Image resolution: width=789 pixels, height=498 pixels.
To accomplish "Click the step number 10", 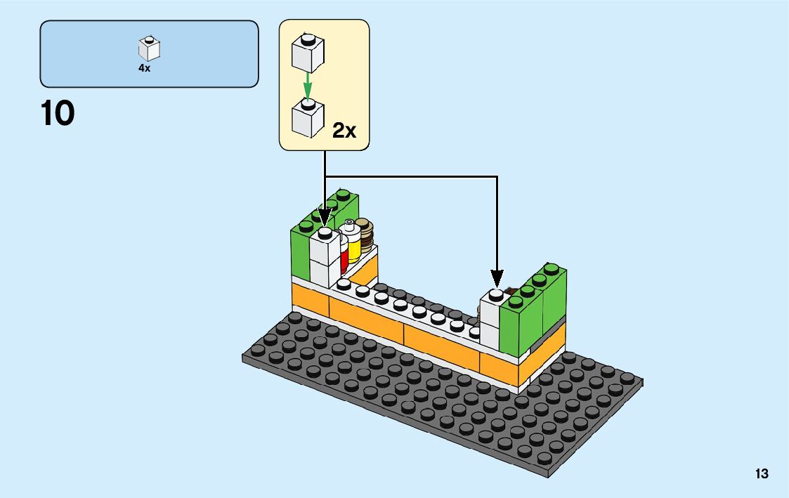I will coord(58,113).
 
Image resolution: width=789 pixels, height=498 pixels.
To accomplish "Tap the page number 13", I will coord(762,474).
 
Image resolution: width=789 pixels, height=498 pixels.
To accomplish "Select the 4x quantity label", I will coord(144,69).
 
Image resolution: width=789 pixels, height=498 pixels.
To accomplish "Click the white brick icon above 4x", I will coord(149,48).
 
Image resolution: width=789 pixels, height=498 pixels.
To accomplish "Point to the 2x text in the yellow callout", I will coord(344,130).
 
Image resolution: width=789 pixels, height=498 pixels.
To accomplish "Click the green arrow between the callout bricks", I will coord(307,87).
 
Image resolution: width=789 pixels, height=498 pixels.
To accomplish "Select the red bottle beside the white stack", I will coord(344,256).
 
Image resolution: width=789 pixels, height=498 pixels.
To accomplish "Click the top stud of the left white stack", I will coord(325,231).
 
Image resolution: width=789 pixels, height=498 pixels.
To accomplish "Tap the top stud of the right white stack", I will coord(496,293).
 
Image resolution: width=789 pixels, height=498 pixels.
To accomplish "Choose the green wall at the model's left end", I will coord(301,253).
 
